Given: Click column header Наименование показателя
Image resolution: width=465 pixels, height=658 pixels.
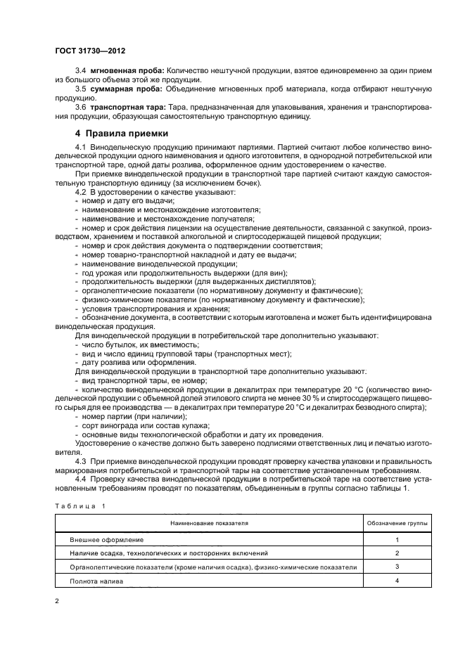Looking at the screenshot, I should (208, 524).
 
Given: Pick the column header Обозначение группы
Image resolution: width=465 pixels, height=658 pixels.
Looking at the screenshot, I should (397, 524).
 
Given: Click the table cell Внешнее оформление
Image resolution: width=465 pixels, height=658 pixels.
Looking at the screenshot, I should (106, 539).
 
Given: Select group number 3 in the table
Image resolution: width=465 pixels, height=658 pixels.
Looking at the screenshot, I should (397, 567).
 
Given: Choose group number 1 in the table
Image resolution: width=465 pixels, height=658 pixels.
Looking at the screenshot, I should (397, 539).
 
